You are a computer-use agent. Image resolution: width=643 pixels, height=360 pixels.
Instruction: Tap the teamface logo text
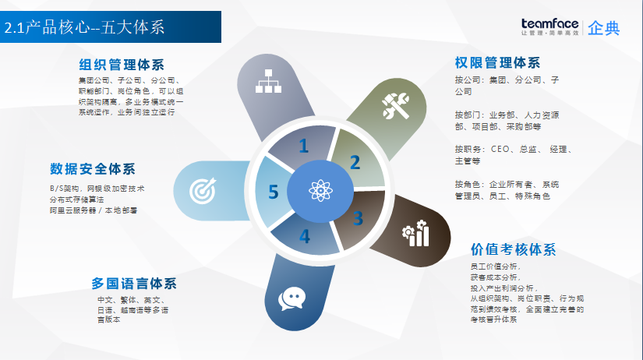pyautogui.click(x=550, y=23)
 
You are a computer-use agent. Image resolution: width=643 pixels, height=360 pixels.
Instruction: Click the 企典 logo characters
pyautogui.click(x=604, y=28)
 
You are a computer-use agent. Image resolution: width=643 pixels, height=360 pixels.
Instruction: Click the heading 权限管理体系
pyautogui.click(x=497, y=62)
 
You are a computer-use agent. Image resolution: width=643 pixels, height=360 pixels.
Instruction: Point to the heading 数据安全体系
pyautogui.click(x=93, y=168)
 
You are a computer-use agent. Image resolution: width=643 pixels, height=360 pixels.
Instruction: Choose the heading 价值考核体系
pyautogui.click(x=513, y=250)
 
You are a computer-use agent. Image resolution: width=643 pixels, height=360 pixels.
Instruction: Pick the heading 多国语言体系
pyautogui.click(x=134, y=283)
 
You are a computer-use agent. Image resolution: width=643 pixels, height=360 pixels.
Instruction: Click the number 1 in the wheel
pyautogui.click(x=303, y=146)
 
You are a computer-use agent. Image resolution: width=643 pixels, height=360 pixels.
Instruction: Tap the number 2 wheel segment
pyautogui.click(x=355, y=163)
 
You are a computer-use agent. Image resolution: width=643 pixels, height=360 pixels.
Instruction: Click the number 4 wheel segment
pyautogui.click(x=304, y=235)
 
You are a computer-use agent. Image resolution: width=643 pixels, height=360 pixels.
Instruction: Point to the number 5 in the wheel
pyautogui.click(x=273, y=192)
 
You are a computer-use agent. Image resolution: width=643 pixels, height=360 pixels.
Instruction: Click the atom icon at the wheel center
pyautogui.click(x=320, y=190)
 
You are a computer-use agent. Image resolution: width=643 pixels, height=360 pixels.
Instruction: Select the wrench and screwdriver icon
pyautogui.click(x=394, y=105)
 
